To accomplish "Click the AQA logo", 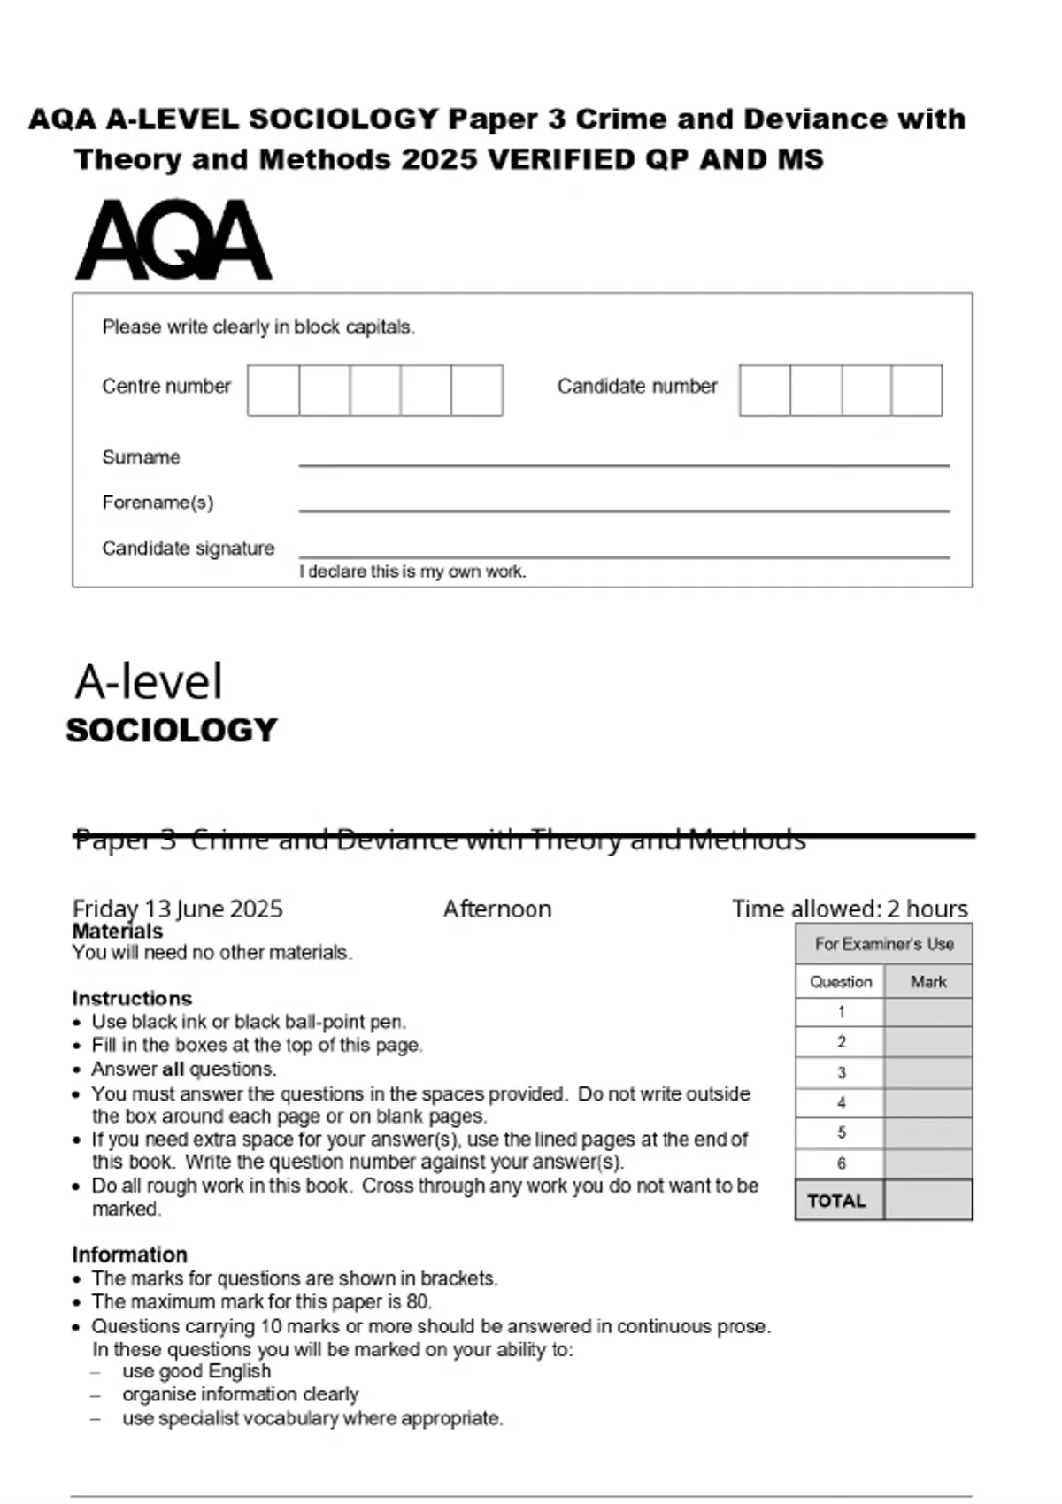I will click(173, 240).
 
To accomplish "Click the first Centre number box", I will click(273, 390).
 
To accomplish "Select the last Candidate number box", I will click(917, 390).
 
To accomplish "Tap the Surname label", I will click(141, 457).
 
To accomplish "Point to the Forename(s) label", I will click(158, 503).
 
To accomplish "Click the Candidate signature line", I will click(624, 556).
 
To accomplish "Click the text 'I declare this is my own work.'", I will click(412, 572).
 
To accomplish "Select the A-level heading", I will click(149, 682).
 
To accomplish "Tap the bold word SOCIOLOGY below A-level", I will click(172, 731).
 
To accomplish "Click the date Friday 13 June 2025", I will click(177, 909).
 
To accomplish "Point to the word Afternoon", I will click(497, 909).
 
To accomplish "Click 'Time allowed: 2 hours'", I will click(850, 909).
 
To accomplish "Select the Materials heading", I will click(118, 931).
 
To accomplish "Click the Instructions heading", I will click(132, 998).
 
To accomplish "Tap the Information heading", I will click(129, 1255).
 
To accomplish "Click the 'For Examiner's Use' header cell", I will click(884, 944).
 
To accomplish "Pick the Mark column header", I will click(928, 982).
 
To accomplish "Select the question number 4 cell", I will click(841, 1103).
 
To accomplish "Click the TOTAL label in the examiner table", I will click(836, 1201).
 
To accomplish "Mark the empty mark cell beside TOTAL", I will click(928, 1201).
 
